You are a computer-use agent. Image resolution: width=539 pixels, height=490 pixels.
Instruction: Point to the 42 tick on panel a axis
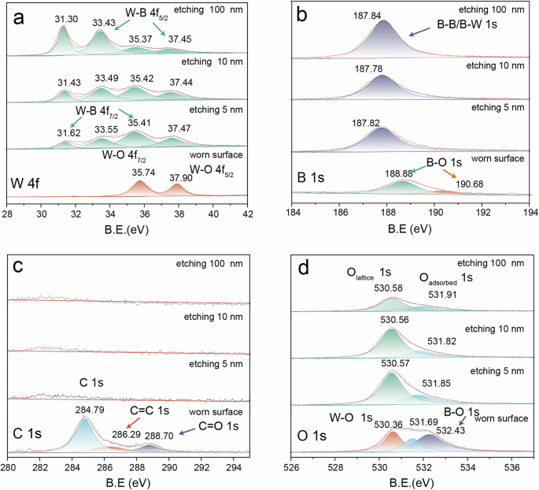pos(249,213)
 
